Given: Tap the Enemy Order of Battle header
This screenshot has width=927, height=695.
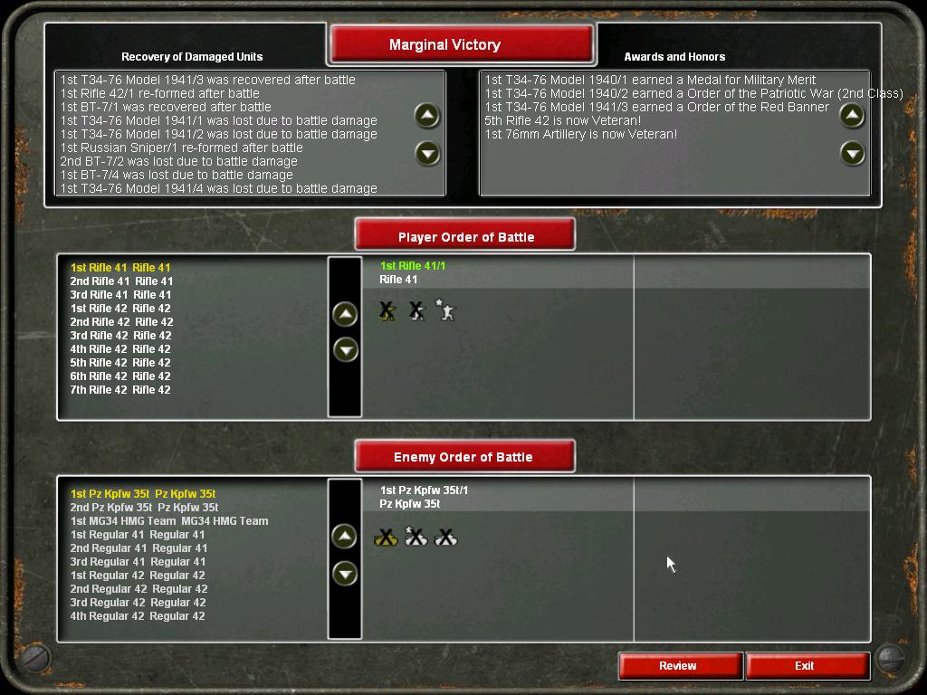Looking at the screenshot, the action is click(x=464, y=456).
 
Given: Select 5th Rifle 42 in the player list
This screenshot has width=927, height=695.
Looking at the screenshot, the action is click(x=120, y=363).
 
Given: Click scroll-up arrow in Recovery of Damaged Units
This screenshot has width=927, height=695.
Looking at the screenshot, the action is click(x=427, y=116).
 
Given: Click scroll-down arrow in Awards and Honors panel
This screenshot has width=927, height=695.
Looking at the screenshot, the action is click(x=853, y=154).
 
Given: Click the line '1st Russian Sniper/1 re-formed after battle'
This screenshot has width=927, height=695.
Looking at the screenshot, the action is click(x=181, y=148).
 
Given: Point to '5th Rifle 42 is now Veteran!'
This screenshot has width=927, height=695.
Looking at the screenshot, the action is click(x=563, y=120).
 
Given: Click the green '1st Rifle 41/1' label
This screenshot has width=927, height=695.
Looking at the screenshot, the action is click(x=413, y=266).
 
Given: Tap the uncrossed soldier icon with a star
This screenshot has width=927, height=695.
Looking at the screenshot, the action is click(x=445, y=310).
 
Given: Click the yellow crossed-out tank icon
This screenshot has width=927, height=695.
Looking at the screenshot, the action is click(x=386, y=538).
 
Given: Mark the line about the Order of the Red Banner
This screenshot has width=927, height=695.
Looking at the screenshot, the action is click(x=657, y=107).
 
